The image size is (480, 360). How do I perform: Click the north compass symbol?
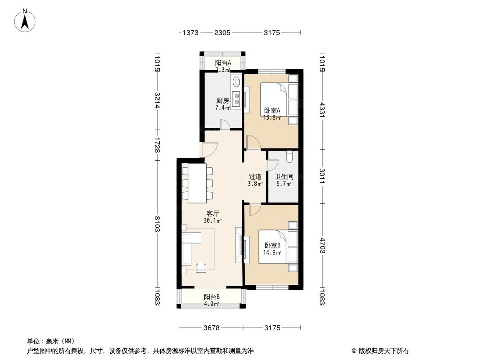click(x=26, y=20)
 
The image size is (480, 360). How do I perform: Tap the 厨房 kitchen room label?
click(x=222, y=100)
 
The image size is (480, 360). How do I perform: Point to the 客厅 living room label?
click(x=213, y=213)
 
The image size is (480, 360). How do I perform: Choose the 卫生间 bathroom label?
click(x=284, y=177)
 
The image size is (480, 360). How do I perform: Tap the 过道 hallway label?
click(x=255, y=177)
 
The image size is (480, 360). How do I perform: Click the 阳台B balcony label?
click(x=212, y=297)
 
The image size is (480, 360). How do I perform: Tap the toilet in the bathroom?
click(x=290, y=156)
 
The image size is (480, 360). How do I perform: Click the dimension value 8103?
click(x=157, y=223)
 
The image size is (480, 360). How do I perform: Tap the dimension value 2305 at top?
click(x=222, y=32)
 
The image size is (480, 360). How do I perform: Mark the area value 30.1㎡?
click(x=213, y=220)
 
